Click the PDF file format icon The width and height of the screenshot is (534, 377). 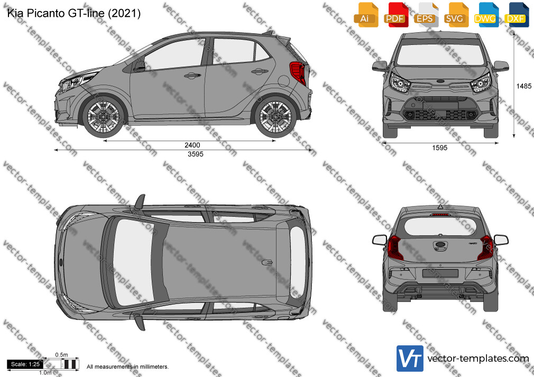[395, 15]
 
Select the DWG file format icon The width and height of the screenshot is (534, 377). [486, 15]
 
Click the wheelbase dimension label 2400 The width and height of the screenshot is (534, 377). [192, 145]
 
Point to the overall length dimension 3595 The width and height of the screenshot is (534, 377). [196, 154]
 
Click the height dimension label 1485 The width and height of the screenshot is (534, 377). [524, 86]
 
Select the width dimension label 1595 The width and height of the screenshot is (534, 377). [440, 148]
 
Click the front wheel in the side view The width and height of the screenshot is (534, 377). [104, 116]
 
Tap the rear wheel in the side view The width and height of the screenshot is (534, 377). [275, 116]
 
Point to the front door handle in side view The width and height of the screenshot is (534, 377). [192, 75]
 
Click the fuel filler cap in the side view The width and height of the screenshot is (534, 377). [284, 80]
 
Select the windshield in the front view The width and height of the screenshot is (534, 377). [440, 54]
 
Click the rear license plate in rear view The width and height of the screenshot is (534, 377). [440, 273]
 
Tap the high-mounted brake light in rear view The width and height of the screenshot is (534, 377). [440, 215]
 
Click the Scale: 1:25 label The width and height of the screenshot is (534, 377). [25, 364]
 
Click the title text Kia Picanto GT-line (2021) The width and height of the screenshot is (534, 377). [74, 13]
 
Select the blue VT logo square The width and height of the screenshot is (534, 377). [410, 359]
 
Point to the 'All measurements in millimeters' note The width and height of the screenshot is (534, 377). [127, 367]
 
